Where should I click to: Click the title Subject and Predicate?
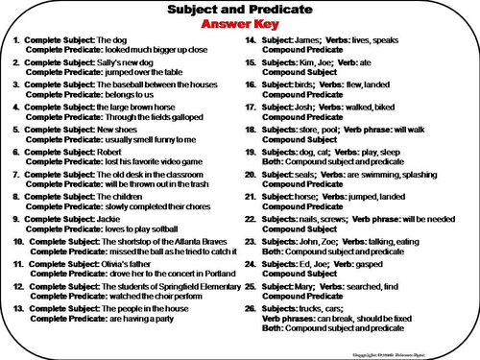239,10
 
